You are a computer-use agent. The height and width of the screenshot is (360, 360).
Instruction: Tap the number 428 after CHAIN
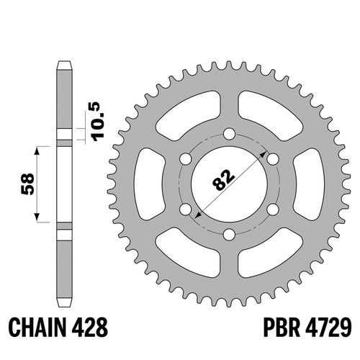coord(89,328)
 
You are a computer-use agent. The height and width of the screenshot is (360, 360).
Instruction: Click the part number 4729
coord(328,328)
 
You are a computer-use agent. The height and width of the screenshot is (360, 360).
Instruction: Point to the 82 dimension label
coord(223,180)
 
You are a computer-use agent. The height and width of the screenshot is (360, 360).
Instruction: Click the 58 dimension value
coord(28,184)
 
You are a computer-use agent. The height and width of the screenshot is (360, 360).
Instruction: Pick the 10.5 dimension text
coord(98,122)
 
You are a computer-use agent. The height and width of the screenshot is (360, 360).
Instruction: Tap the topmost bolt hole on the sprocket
coord(229,134)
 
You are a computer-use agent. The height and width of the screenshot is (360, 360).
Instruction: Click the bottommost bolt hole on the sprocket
coord(229,235)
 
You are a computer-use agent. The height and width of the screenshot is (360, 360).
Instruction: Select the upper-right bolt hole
coord(273,159)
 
